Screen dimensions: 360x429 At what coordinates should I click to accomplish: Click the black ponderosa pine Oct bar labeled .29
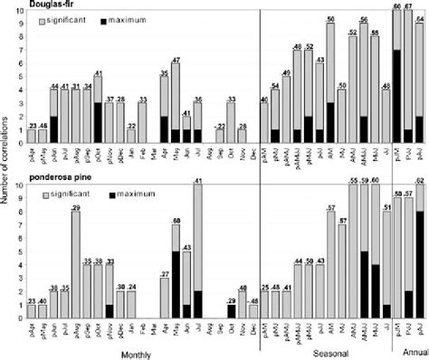pyautogui.click(x=231, y=310)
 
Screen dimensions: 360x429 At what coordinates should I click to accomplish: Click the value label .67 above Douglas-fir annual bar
pyautogui.click(x=407, y=5)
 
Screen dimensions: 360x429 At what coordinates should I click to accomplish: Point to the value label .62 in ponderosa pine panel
pyautogui.click(x=419, y=181)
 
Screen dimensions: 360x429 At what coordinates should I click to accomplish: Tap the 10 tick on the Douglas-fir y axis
pyautogui.click(x=20, y=10)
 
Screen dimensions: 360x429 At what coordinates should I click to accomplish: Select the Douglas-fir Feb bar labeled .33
pyautogui.click(x=142, y=124)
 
